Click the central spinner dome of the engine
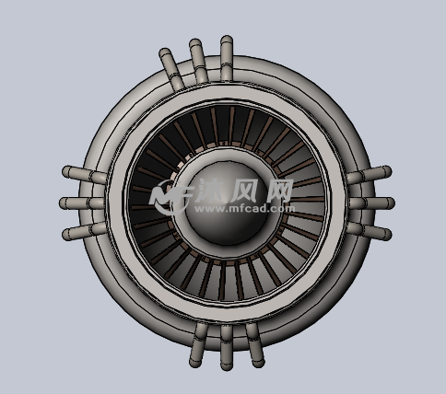[228, 203]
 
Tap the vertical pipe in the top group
[227, 58]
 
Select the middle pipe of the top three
[198, 61]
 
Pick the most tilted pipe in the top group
[171, 69]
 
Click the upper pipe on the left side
[85, 175]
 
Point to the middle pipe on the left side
[82, 203]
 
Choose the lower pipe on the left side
[85, 231]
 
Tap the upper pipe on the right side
[370, 175]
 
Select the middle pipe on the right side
[371, 203]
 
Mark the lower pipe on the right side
[370, 231]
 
